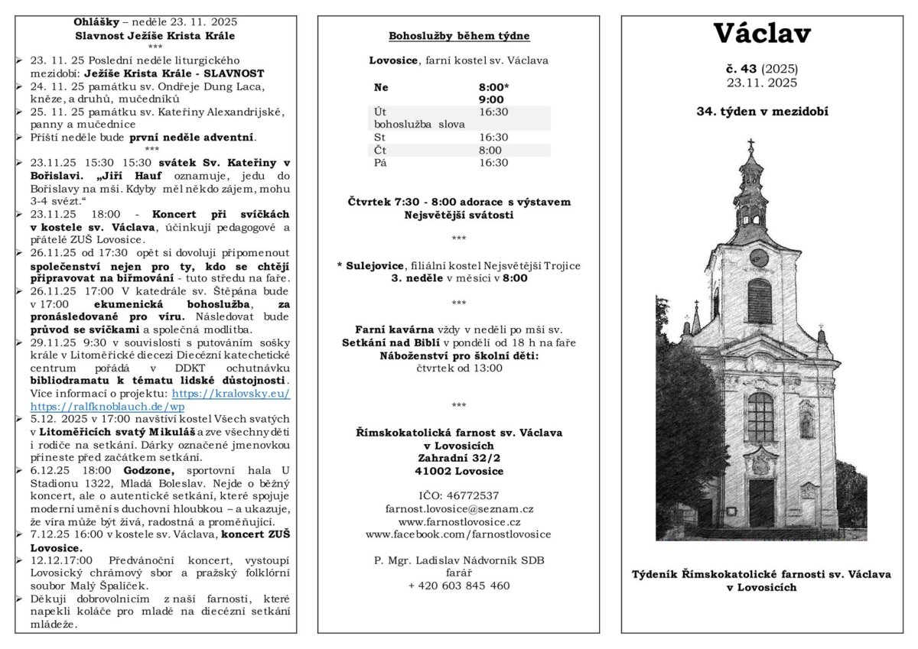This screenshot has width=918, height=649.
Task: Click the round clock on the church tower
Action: pyautogui.click(x=758, y=257)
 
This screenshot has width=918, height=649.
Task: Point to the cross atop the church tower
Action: pyautogui.click(x=750, y=144)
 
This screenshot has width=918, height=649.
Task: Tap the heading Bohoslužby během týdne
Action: pyautogui.click(x=458, y=36)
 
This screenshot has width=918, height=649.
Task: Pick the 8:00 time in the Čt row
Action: pyautogui.click(x=490, y=151)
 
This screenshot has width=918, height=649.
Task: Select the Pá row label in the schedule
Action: pyautogui.click(x=380, y=163)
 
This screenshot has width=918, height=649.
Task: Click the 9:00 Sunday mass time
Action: pyautogui.click(x=491, y=99)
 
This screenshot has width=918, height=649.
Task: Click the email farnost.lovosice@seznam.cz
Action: pyautogui.click(x=458, y=508)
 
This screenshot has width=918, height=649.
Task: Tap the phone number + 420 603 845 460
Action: pyautogui.click(x=458, y=586)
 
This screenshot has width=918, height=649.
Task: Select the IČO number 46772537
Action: pyautogui.click(x=458, y=495)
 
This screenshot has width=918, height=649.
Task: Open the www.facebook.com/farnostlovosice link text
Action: pyautogui.click(x=458, y=534)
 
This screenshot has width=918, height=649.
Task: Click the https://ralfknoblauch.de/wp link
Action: pyautogui.click(x=107, y=407)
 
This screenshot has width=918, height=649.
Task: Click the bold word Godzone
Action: pyautogui.click(x=149, y=470)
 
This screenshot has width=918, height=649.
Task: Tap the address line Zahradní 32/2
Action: pyautogui.click(x=458, y=458)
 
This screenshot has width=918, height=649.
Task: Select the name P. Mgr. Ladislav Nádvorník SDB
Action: pyautogui.click(x=458, y=560)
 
